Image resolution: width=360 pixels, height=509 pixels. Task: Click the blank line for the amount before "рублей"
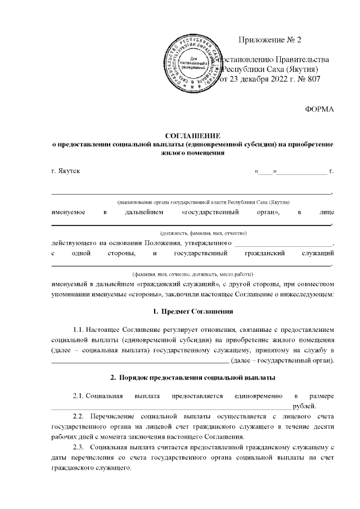click(x=169, y=406)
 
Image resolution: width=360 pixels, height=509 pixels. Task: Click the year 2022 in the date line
click(x=278, y=79)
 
